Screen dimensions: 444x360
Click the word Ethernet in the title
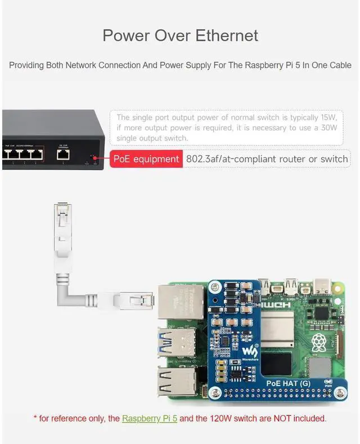(227, 35)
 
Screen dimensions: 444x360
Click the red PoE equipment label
(146, 159)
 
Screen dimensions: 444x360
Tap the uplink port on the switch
(64, 152)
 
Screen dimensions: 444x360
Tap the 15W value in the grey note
(327, 117)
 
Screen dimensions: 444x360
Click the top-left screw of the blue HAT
(216, 287)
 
